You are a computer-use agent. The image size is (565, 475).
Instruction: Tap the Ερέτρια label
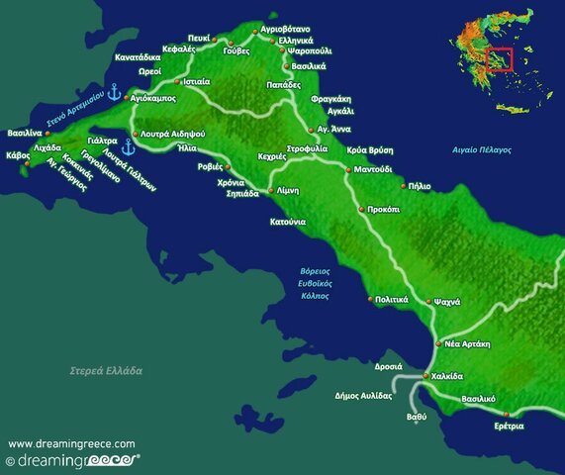click(x=504, y=426)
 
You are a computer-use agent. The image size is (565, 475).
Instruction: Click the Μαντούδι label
click(x=373, y=169)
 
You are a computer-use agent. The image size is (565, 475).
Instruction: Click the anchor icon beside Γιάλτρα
click(x=127, y=145)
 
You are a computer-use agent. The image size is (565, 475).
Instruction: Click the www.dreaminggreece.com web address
click(x=71, y=444)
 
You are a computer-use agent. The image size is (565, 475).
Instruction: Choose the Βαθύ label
click(x=417, y=417)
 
